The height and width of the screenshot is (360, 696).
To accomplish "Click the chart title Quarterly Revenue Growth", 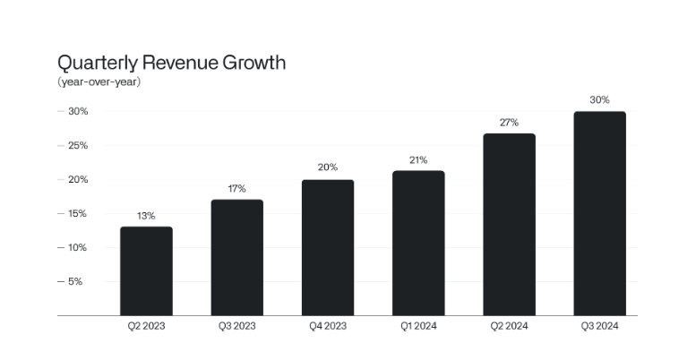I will click(x=171, y=63).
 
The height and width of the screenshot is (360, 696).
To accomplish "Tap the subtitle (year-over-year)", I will click(x=99, y=82).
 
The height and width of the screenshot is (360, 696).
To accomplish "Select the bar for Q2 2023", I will click(x=146, y=270).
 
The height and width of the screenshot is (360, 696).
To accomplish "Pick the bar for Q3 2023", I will click(x=236, y=257).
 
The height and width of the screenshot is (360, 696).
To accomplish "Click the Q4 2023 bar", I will click(x=327, y=247).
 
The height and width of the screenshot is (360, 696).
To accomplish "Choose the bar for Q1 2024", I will click(x=418, y=243).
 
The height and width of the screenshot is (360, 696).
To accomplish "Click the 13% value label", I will click(x=146, y=216).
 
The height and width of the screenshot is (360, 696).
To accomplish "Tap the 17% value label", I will click(x=236, y=189).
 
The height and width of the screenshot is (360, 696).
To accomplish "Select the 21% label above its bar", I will click(x=418, y=160).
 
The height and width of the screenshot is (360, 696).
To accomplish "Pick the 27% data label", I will click(x=509, y=123).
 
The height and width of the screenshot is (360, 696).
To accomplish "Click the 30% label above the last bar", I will click(x=599, y=100).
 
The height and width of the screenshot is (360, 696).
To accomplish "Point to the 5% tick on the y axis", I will click(x=75, y=281).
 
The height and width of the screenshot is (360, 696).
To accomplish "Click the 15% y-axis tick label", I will click(x=73, y=213).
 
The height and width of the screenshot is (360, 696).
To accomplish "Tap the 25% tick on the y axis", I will click(x=73, y=145).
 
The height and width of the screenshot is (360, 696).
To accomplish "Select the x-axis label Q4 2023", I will click(x=327, y=326).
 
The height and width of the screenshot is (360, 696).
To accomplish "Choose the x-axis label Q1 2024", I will click(x=418, y=326).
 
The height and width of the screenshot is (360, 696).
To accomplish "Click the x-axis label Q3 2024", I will click(x=599, y=326).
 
